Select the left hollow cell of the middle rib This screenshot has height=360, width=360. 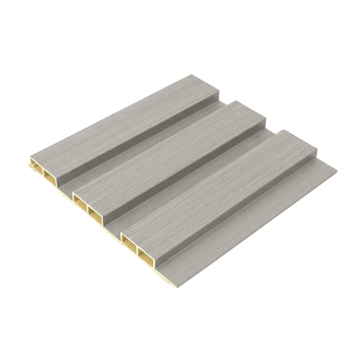pyautogui.click(x=80, y=200)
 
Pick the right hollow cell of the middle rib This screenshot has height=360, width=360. pyautogui.click(x=94, y=212)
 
